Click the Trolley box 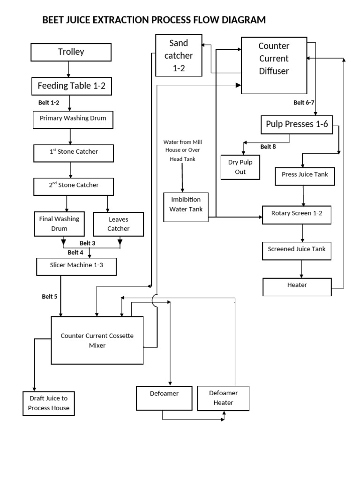pos(71,52)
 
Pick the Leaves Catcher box pos(118,224)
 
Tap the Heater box pos(297,285)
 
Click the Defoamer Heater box pos(223,397)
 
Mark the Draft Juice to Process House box pos(49,403)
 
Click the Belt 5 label pos(49,296)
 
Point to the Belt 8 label pos(268,147)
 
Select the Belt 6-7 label pos(303,103)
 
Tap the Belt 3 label pos(87,243)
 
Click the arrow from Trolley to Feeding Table pos(69,69)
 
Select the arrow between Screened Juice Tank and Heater pos(301,269)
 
